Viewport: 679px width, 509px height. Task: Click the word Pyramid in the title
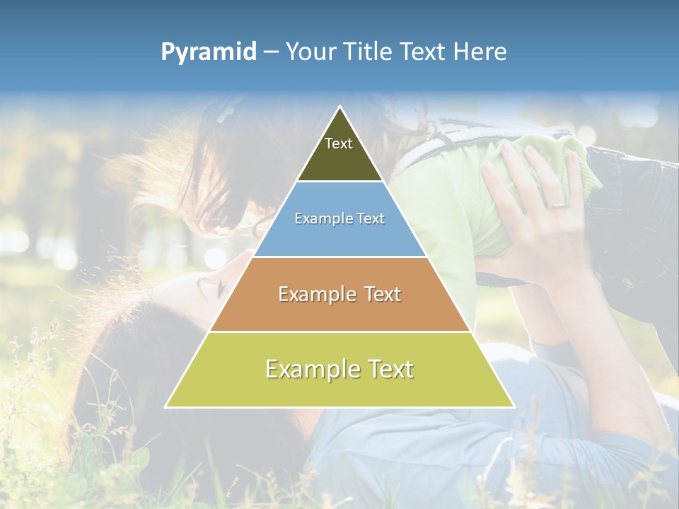point(209,52)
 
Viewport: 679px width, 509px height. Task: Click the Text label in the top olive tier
point(339,144)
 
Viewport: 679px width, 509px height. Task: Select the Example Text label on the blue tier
point(339,219)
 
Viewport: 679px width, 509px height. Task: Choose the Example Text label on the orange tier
point(339,294)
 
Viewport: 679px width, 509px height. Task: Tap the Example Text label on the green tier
point(339,369)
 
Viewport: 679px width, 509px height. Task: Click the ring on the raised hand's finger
point(557,204)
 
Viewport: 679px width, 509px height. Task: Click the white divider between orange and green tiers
point(339,332)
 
